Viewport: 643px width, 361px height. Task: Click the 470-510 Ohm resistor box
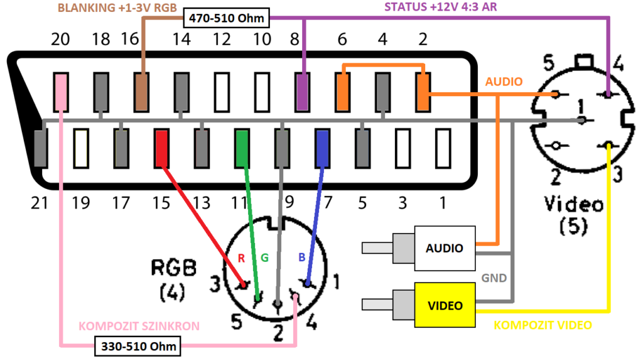click(225, 18)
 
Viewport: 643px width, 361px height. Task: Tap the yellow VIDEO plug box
click(445, 306)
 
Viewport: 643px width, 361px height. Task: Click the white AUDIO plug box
click(445, 247)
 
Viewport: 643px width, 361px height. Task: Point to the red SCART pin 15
click(161, 148)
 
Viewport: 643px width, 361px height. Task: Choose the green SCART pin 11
click(242, 148)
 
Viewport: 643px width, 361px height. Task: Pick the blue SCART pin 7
click(322, 148)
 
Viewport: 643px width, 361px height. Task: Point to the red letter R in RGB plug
click(240, 257)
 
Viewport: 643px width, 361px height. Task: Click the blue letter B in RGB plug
click(301, 257)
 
